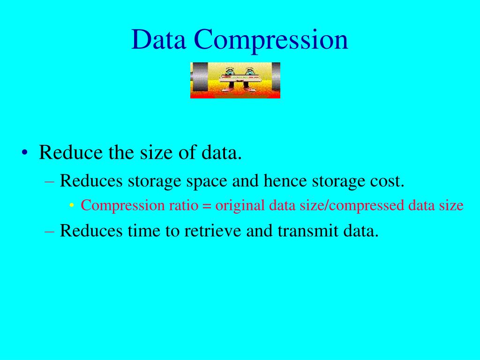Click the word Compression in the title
pos(271,40)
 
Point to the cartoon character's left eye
pos(229,72)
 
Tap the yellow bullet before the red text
pos(71,206)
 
